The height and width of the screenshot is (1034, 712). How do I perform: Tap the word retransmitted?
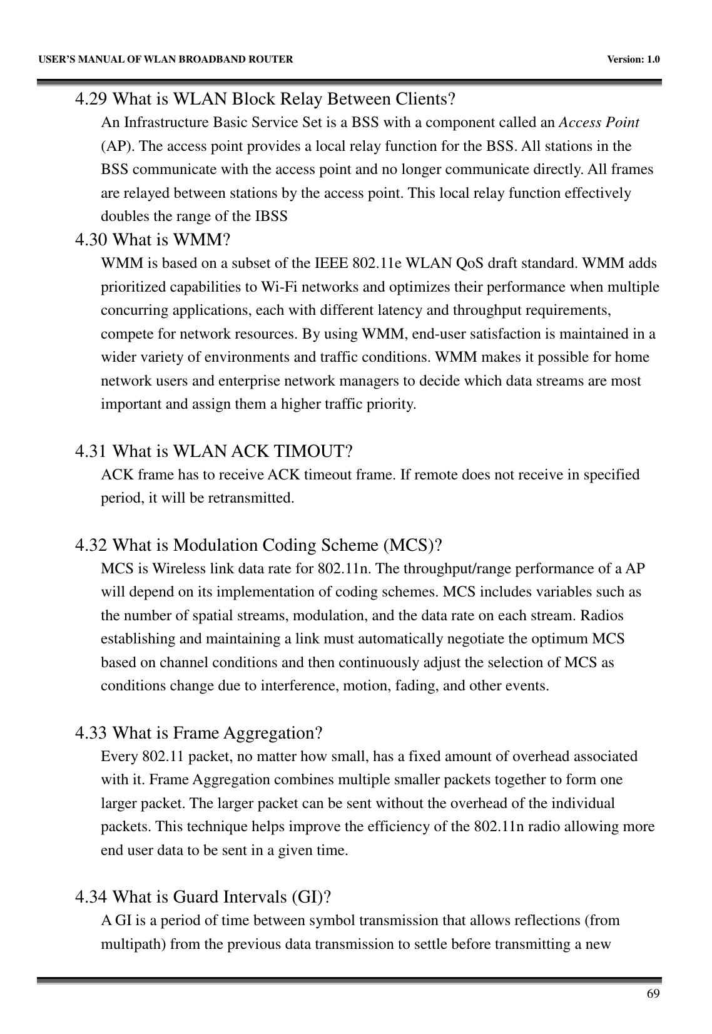point(255,499)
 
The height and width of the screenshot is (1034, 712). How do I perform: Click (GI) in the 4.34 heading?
point(311,898)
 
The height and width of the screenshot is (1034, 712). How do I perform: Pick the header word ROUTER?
point(271,59)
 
